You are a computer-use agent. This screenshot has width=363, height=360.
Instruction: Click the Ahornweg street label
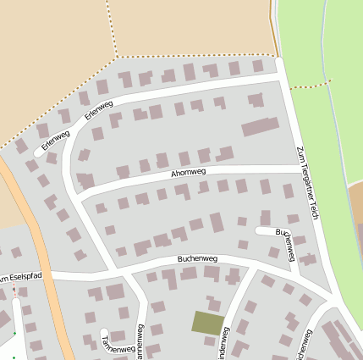188,172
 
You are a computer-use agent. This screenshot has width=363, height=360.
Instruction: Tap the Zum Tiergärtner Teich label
306,184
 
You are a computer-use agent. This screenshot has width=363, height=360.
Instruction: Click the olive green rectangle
208,323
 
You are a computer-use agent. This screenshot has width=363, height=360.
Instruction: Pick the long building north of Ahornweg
261,127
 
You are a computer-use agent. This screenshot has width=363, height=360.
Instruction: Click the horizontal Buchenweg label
198,258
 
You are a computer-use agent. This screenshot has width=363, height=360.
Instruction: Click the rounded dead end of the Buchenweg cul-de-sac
258,230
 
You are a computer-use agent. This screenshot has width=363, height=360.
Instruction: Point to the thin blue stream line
336,127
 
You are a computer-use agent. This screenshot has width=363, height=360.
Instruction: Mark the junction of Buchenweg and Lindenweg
251,272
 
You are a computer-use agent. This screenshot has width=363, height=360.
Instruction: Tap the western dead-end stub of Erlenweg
38,152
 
